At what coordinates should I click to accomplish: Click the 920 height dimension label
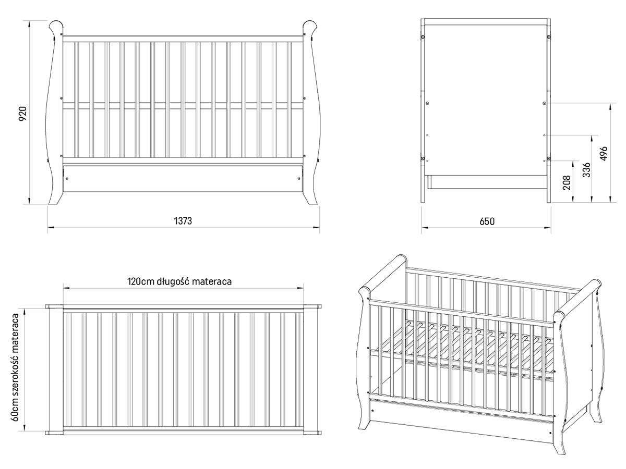click(x=22, y=113)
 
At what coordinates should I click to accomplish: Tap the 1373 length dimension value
click(x=183, y=220)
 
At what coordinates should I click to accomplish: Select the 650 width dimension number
click(x=487, y=221)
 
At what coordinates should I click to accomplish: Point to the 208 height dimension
click(x=567, y=182)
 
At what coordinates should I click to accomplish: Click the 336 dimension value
click(x=586, y=170)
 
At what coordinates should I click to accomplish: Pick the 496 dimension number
click(x=604, y=154)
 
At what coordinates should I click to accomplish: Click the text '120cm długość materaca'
click(x=179, y=281)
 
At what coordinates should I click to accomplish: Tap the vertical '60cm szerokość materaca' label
click(x=15, y=367)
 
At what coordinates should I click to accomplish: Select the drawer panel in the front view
click(x=183, y=179)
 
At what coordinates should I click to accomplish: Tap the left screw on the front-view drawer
click(x=67, y=179)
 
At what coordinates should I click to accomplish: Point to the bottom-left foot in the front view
click(x=56, y=199)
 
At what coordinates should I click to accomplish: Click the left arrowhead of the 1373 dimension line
click(x=51, y=227)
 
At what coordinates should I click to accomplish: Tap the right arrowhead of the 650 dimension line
click(x=548, y=228)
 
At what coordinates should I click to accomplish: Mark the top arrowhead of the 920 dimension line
click(x=29, y=23)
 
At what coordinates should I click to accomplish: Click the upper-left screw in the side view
click(x=423, y=37)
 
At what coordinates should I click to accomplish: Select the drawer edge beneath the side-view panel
click(x=487, y=182)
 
